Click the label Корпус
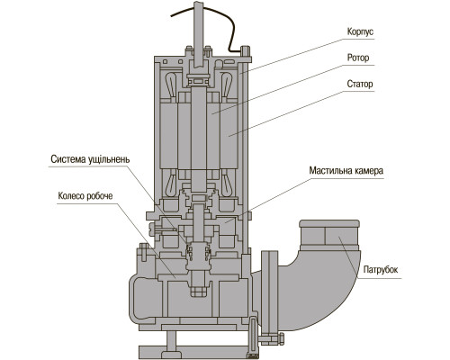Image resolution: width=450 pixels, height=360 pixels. click(x=360, y=31)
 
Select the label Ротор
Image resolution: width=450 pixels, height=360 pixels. click(x=358, y=58)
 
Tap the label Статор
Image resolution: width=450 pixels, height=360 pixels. click(x=360, y=84)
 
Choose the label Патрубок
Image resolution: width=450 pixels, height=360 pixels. click(x=381, y=270)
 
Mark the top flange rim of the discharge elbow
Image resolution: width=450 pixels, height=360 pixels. click(x=329, y=223)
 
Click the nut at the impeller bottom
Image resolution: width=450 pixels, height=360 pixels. click(x=198, y=291)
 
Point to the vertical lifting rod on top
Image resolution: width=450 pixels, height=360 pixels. click(x=198, y=34)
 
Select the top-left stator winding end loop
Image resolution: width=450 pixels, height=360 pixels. click(x=171, y=85)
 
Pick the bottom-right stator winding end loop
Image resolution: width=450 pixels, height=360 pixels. click(x=226, y=184)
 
